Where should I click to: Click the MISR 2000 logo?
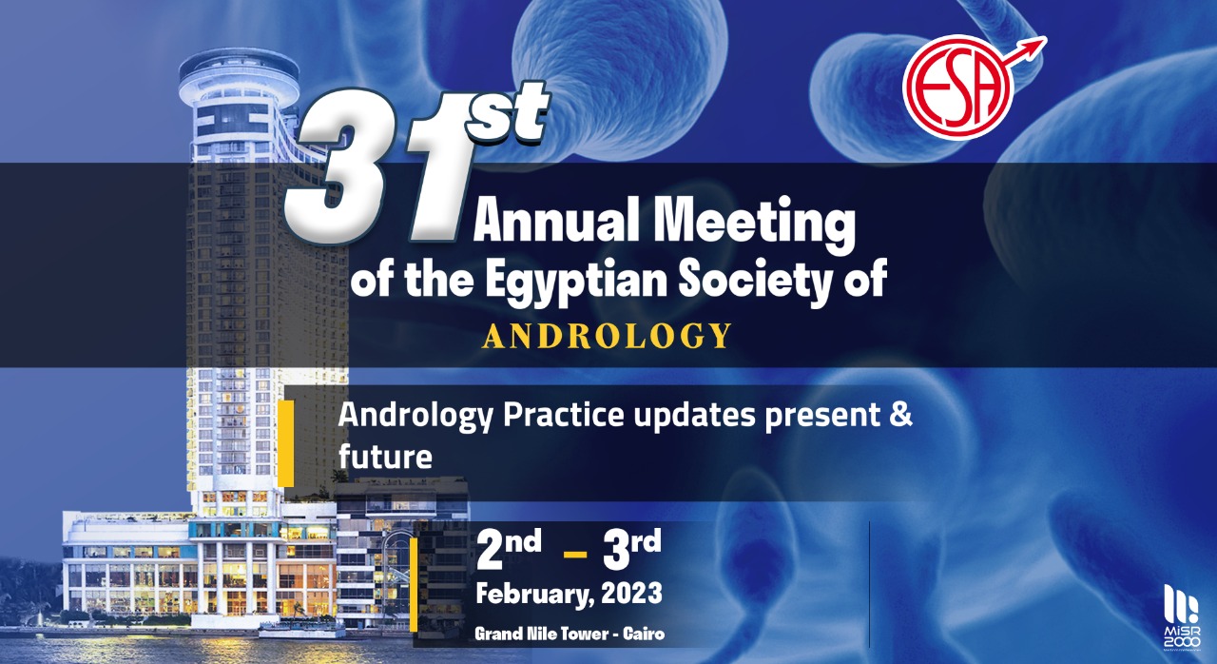[1182, 617]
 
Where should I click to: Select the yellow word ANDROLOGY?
[607, 336]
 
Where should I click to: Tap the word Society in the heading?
[762, 281]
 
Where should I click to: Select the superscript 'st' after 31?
[507, 113]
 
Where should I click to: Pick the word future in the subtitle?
[385, 457]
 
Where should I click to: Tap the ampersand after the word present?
[900, 414]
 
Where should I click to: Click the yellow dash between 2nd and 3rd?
[575, 555]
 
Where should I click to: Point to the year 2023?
[631, 593]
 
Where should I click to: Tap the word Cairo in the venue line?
[644, 634]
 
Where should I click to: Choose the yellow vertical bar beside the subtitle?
[286, 443]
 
